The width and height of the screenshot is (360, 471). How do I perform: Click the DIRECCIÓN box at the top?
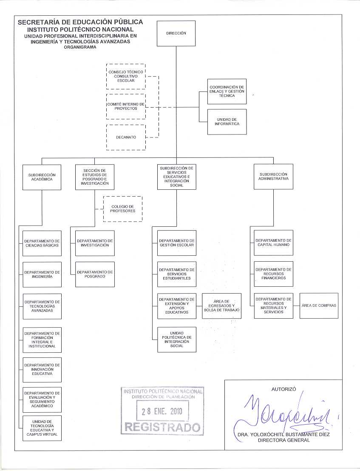click(x=176, y=33)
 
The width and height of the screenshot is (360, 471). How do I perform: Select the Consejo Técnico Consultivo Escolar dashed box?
click(x=126, y=76)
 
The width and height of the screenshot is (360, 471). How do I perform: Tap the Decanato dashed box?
click(x=126, y=137)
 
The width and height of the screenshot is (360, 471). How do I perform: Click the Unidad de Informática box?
click(x=227, y=122)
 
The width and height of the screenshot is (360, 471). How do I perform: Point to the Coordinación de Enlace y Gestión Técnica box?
click(x=227, y=91)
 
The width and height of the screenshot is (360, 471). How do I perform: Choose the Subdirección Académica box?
click(x=42, y=177)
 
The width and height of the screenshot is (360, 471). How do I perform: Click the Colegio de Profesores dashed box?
click(x=123, y=209)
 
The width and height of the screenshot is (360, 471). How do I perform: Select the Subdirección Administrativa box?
click(x=273, y=177)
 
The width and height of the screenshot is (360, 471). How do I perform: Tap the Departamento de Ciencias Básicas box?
click(x=42, y=243)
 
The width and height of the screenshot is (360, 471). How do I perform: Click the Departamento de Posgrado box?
click(x=95, y=274)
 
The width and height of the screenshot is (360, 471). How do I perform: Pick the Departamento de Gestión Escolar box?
click(x=177, y=243)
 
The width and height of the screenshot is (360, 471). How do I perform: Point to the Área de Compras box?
click(x=319, y=306)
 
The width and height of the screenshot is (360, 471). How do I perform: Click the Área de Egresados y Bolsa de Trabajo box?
click(x=222, y=306)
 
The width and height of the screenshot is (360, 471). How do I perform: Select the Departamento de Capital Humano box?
click(x=273, y=243)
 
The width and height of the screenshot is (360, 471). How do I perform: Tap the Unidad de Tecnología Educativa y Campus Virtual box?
click(x=42, y=428)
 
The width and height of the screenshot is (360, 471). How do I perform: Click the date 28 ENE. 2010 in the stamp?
click(x=162, y=411)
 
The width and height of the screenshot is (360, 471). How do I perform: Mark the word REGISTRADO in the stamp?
click(x=162, y=427)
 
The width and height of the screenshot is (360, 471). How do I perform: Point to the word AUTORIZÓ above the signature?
click(x=284, y=389)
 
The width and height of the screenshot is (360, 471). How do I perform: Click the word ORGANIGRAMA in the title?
click(x=80, y=47)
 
